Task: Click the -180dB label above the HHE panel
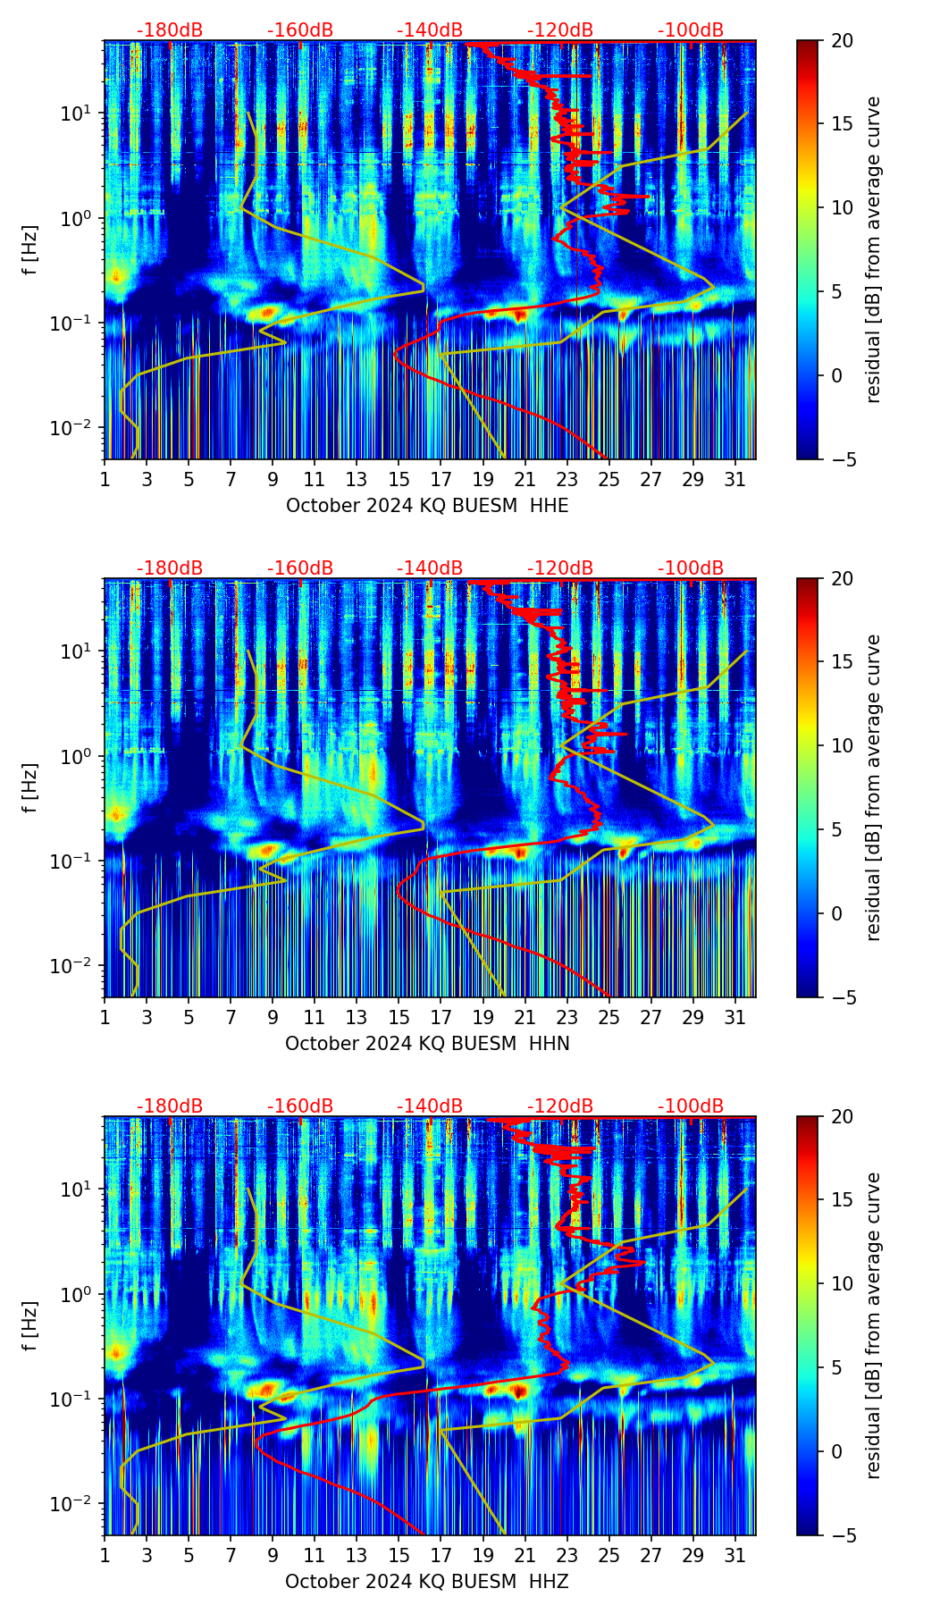point(170,30)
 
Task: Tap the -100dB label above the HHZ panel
point(691,1106)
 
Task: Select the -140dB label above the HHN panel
point(430,568)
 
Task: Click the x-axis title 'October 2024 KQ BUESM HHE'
point(427,506)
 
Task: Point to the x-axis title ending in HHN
point(427,1044)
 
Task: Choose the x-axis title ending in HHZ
point(427,1582)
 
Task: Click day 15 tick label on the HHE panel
point(399,479)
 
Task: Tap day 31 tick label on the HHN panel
point(734,1017)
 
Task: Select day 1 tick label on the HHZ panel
point(105,1555)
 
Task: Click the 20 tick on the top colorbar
point(842,41)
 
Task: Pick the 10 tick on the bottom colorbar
point(842,1283)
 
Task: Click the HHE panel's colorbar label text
point(874,249)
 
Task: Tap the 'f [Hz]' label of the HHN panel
point(30,787)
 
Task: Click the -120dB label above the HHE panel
point(560,30)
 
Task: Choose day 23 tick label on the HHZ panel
point(567,1555)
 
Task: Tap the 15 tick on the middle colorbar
point(842,662)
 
